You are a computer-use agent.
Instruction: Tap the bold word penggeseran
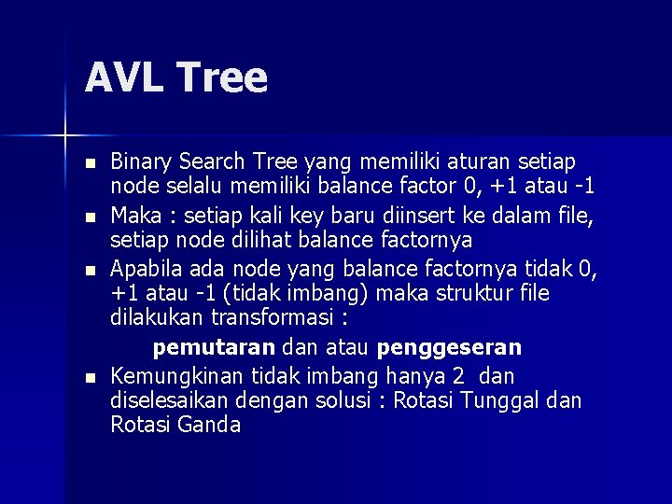(449, 348)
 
